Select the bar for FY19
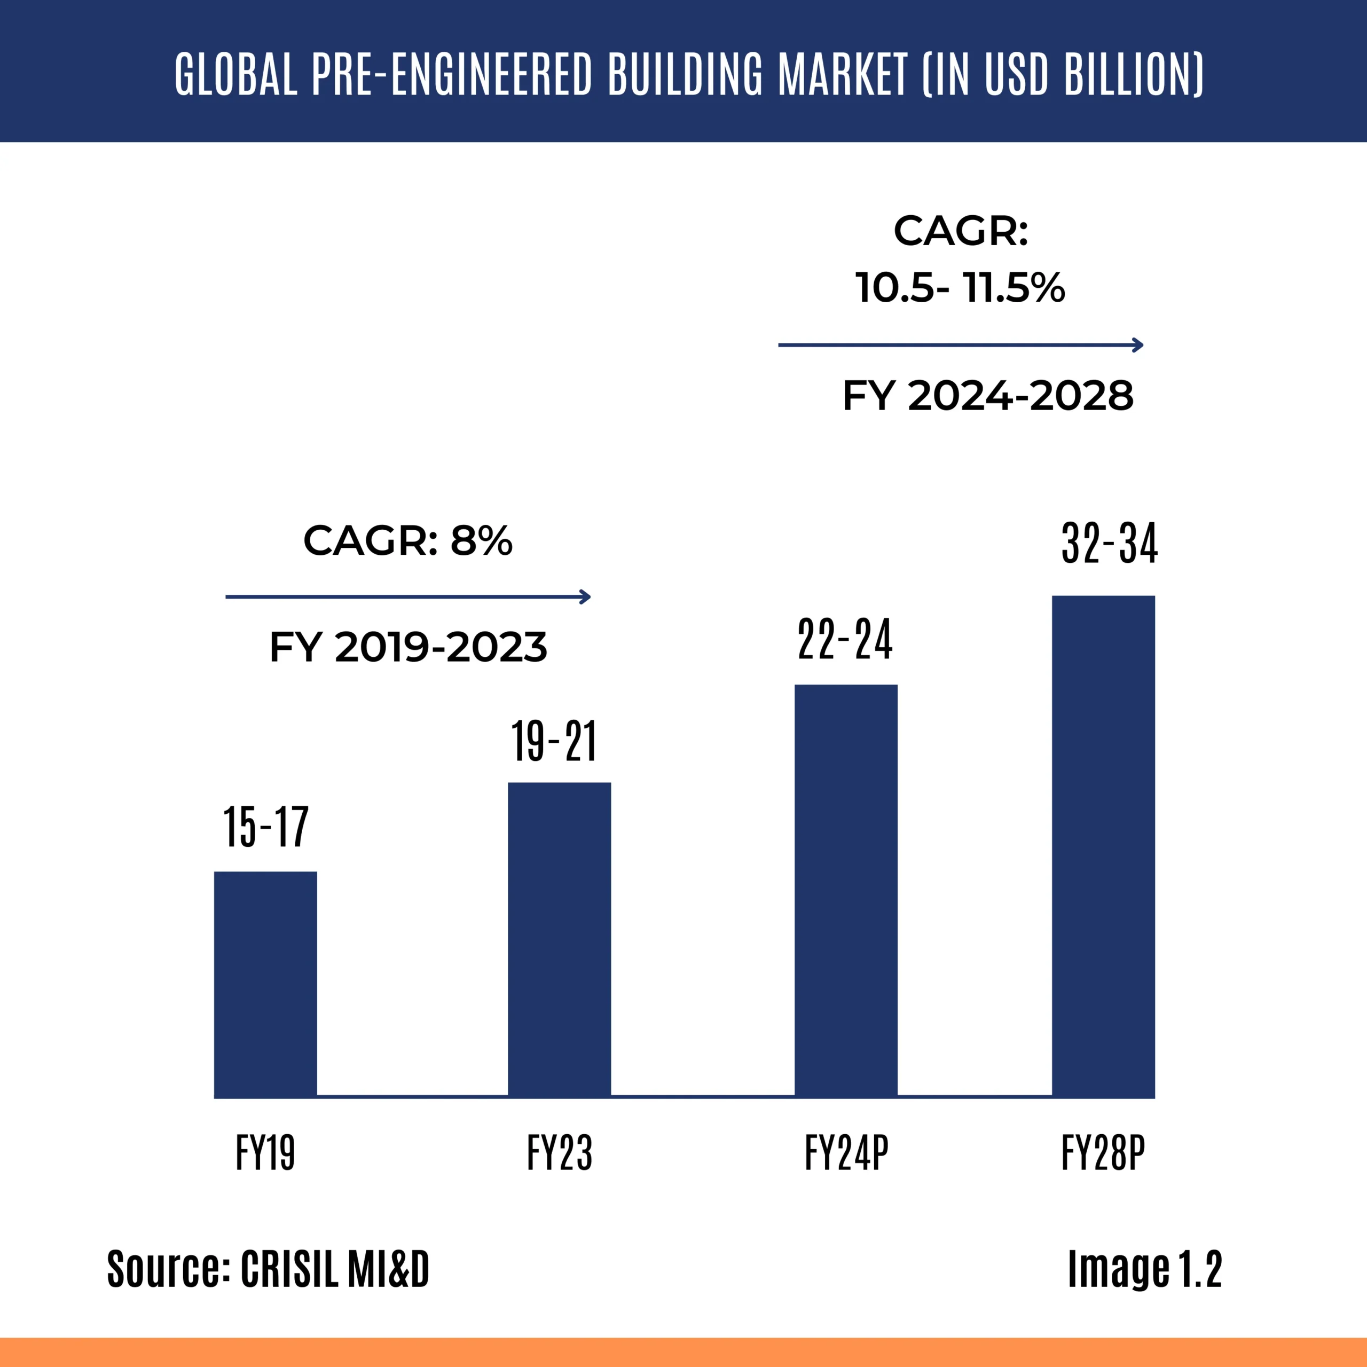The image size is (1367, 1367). tap(265, 984)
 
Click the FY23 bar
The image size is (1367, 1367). tap(559, 940)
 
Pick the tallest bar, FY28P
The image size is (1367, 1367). tap(1103, 846)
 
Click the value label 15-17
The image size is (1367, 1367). tap(266, 827)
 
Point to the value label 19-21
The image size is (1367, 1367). tap(554, 742)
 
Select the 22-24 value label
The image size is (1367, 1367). tap(845, 639)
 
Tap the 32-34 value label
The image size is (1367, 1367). tap(1110, 544)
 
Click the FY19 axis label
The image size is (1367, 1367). tap(265, 1153)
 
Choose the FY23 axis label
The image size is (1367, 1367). tap(559, 1153)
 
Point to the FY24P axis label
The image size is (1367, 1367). tap(846, 1153)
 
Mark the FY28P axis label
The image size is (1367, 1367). tap(1103, 1153)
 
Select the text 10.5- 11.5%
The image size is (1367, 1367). tap(960, 287)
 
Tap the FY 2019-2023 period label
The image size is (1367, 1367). tap(408, 647)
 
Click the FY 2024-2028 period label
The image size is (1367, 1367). tap(988, 396)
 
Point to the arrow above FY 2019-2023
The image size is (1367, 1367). tap(407, 596)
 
